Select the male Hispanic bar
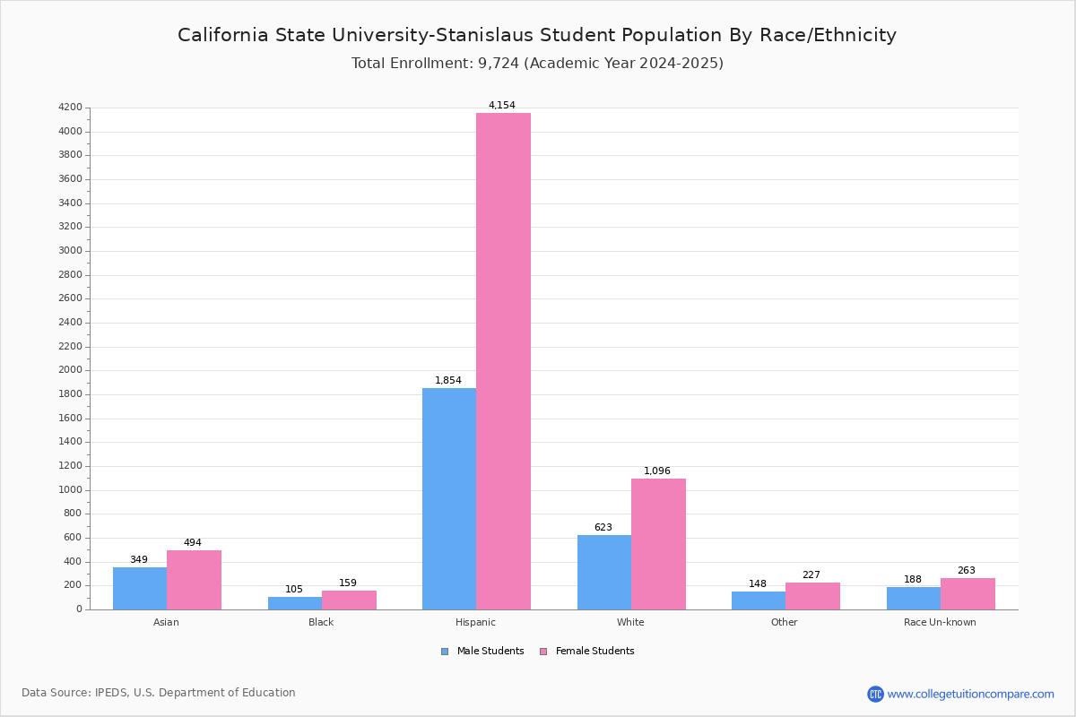[449, 498]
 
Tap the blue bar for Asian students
[140, 588]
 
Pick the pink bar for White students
[658, 544]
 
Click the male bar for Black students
[295, 603]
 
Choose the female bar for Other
[812, 596]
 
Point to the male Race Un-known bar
[914, 598]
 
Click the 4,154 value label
[502, 105]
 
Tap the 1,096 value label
[657, 471]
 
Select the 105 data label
[294, 589]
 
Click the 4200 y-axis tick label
[70, 108]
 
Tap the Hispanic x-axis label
[475, 622]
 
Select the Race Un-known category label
[940, 622]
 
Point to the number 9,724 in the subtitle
[495, 64]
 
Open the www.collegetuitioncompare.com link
[970, 694]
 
